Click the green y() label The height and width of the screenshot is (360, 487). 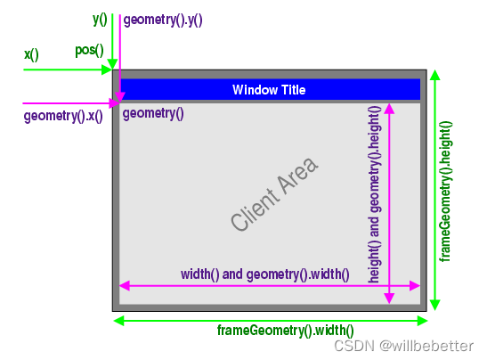[x=100, y=20]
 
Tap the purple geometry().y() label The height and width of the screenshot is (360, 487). [x=163, y=20]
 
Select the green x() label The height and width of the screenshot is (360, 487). [x=31, y=54]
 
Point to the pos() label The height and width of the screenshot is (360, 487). [x=89, y=51]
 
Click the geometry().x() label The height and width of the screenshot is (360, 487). [x=63, y=116]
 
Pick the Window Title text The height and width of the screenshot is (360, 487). [x=269, y=90]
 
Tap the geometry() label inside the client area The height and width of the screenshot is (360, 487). [x=153, y=113]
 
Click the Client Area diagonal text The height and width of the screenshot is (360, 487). [x=274, y=193]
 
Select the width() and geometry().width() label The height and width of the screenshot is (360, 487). [x=265, y=274]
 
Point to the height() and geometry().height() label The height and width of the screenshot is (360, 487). [x=374, y=194]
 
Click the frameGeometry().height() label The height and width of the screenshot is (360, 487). [x=445, y=192]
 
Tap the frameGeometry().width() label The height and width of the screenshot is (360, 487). [x=286, y=331]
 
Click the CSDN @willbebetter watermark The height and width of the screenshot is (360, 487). [x=404, y=346]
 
